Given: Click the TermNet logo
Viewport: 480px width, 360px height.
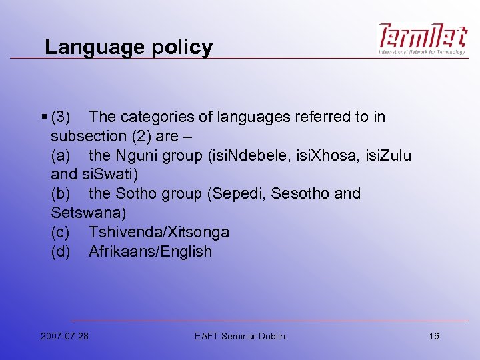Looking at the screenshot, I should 423,39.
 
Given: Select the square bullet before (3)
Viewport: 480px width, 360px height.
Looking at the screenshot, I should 43,117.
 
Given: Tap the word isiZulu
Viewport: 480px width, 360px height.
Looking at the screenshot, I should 387,156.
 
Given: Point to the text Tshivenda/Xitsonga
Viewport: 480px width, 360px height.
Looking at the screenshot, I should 159,233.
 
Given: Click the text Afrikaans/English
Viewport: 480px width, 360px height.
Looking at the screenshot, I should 150,252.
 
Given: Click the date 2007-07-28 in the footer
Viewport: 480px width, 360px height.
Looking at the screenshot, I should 65,336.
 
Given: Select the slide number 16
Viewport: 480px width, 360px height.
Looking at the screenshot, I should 434,336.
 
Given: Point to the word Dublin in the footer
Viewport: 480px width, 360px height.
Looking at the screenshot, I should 270,336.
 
